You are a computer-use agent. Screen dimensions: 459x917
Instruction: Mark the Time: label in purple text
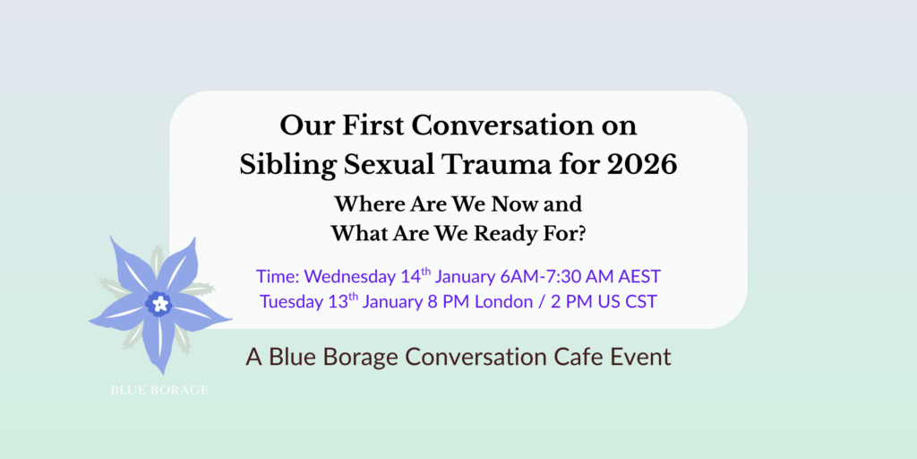click(278, 276)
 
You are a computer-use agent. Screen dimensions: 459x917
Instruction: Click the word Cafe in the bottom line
click(581, 358)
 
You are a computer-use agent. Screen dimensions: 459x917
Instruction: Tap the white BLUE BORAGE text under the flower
click(159, 390)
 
